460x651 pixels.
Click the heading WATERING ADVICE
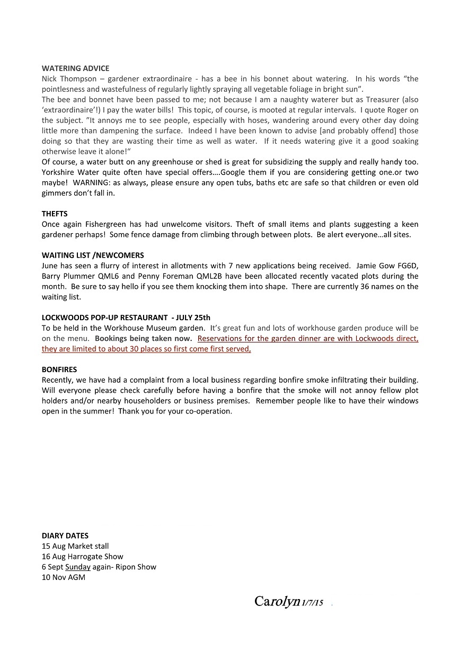[75, 68]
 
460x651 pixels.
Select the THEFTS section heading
[55, 214]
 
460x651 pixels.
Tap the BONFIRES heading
[59, 370]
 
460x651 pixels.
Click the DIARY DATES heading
[65, 535]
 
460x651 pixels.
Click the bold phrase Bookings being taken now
[143, 338]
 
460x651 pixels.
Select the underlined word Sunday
[78, 567]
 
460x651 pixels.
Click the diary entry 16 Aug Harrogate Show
[82, 557]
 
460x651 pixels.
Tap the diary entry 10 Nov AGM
[63, 577]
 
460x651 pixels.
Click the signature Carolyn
[276, 601]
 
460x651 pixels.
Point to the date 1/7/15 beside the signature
[312, 603]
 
